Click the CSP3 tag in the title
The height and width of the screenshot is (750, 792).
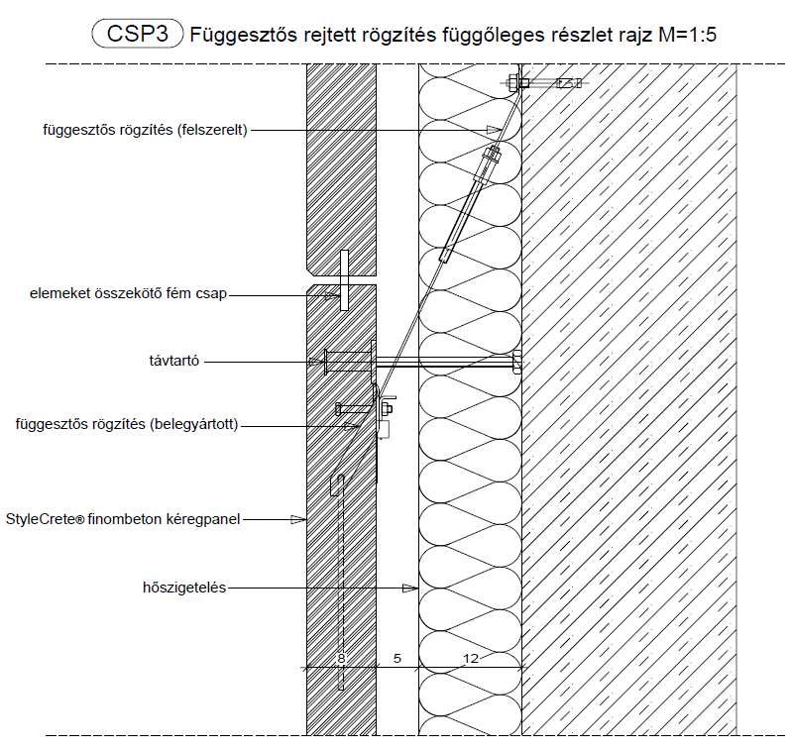[137, 35]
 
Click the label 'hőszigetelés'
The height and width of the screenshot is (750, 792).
[185, 588]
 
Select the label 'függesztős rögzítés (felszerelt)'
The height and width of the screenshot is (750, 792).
[146, 130]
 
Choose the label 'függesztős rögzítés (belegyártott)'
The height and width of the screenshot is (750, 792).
[128, 425]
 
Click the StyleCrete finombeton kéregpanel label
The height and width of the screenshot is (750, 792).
[124, 517]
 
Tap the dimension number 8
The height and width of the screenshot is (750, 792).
[341, 657]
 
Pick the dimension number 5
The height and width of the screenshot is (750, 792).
[396, 657]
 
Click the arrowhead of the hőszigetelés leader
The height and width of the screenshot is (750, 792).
[409, 588]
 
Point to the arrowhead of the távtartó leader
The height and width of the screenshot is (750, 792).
[317, 362]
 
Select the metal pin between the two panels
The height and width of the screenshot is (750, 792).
[343, 280]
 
